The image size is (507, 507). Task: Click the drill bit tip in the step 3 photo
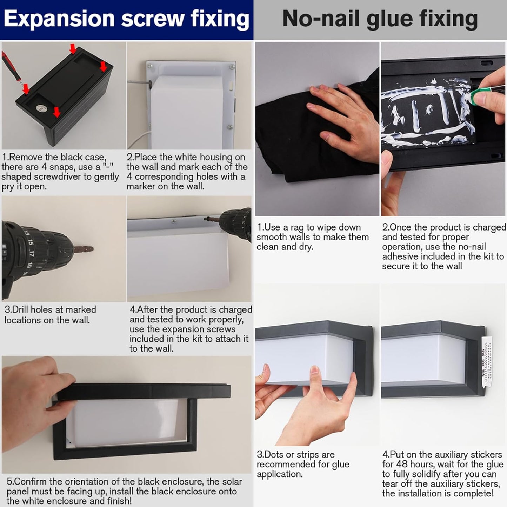click(x=92, y=249)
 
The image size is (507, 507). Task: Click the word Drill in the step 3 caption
click(x=19, y=309)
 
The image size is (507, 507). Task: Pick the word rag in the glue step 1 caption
click(x=296, y=228)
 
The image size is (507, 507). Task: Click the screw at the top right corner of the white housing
click(x=232, y=67)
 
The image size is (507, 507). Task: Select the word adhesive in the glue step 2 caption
click(x=400, y=256)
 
